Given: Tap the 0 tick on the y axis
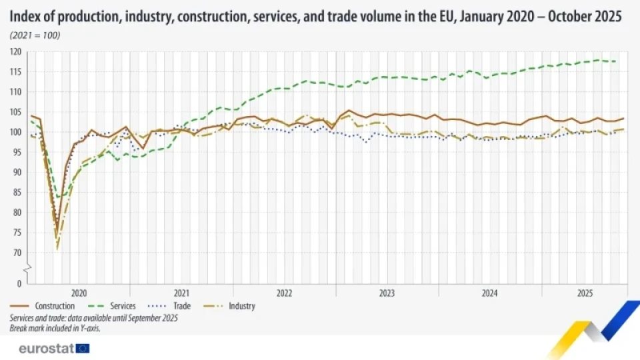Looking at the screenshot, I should [19, 283].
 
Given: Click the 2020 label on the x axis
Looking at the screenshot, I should [78, 293].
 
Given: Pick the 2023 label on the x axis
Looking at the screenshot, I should [387, 293].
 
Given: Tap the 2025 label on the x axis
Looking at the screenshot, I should [585, 293].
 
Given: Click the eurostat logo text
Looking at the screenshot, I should [46, 348].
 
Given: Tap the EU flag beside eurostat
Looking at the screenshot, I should [83, 348].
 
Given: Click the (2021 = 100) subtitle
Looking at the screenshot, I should [35, 35].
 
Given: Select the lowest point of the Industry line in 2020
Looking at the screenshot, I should [57, 249].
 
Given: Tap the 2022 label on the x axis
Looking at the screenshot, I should [284, 293].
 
